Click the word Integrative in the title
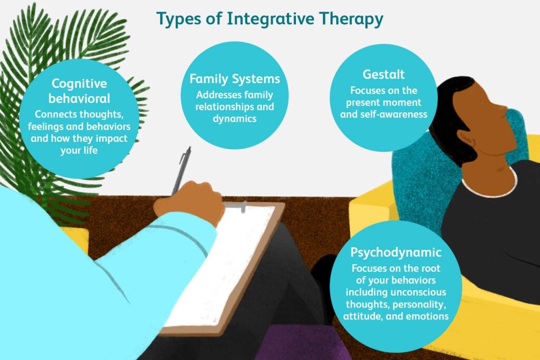[x=270, y=19]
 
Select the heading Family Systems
[x=235, y=79]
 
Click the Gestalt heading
[x=383, y=74]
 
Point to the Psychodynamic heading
[x=396, y=252]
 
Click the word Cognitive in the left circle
[x=79, y=84]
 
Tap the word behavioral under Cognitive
[x=79, y=99]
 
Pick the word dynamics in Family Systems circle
[x=235, y=119]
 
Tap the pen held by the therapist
[x=181, y=171]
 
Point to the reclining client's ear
[x=469, y=140]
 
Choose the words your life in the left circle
[x=79, y=151]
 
